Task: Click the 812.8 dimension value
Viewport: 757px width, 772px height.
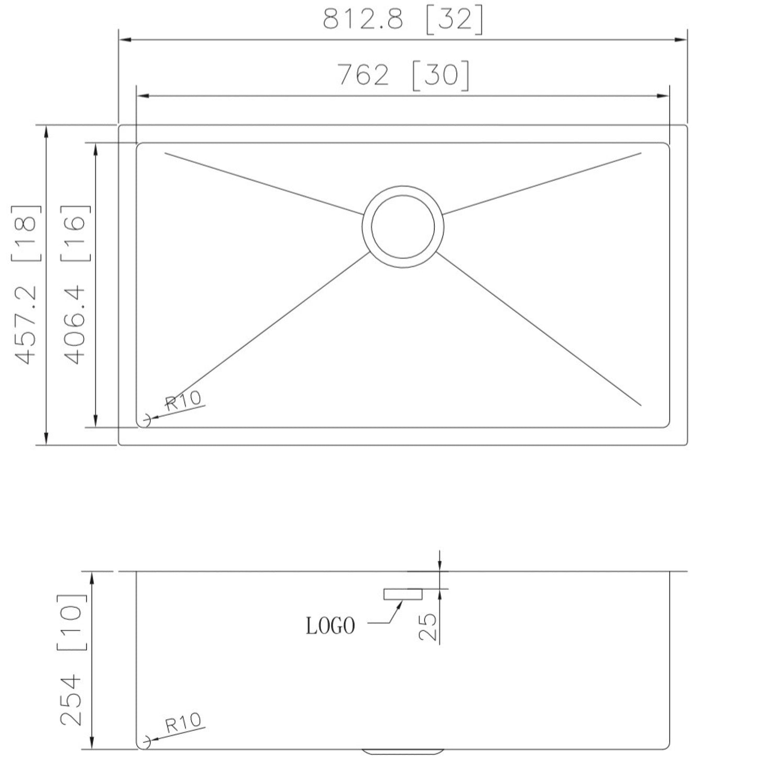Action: (363, 20)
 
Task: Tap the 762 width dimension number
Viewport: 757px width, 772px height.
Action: (363, 75)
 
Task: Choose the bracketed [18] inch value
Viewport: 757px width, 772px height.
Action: (26, 232)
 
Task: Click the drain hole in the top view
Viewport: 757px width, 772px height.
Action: (403, 226)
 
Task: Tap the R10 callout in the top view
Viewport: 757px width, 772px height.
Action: (183, 400)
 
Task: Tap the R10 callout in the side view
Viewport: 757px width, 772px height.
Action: (183, 723)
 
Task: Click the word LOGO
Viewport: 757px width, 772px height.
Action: (330, 625)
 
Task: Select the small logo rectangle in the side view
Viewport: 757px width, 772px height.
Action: (403, 594)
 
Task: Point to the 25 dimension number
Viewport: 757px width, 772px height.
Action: (428, 627)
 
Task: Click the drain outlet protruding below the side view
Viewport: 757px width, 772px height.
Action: (403, 752)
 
